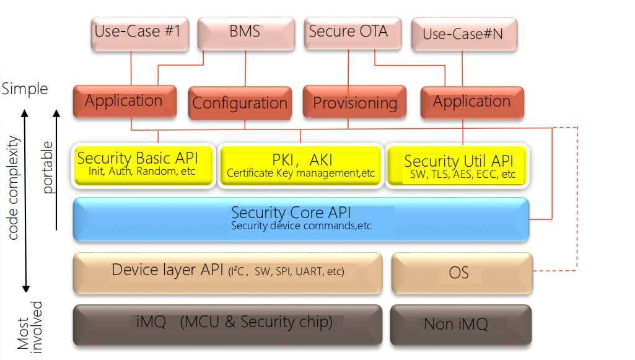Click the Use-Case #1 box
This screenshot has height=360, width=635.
click(137, 32)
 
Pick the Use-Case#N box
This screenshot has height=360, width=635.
click(463, 33)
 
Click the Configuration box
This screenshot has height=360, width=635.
click(240, 103)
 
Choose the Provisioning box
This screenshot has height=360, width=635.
click(355, 102)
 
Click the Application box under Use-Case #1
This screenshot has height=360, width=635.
click(124, 101)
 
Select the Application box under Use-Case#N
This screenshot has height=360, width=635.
click(472, 102)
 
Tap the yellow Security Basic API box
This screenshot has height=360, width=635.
click(144, 165)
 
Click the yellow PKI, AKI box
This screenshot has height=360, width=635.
click(301, 165)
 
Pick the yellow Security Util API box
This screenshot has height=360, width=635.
click(458, 165)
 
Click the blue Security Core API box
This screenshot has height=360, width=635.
click(301, 218)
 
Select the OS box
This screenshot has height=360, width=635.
click(461, 272)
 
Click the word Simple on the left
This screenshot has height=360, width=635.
click(25, 89)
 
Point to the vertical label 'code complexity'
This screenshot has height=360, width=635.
click(14, 188)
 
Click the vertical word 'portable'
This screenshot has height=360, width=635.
click(47, 167)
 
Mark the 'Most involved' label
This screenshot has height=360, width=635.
click(30, 326)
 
